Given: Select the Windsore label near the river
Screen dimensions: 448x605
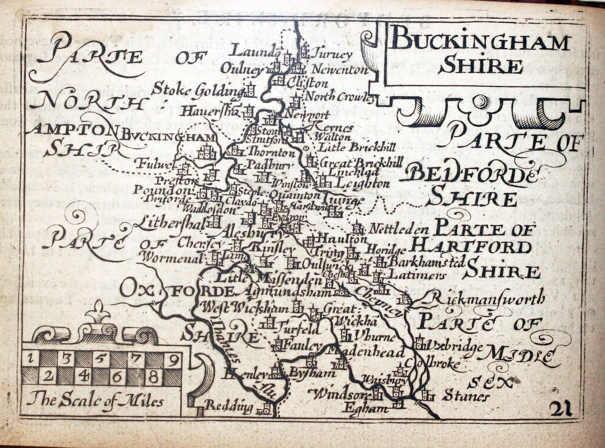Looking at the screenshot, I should click(x=340, y=395).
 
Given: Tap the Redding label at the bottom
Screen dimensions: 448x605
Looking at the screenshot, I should click(x=229, y=406).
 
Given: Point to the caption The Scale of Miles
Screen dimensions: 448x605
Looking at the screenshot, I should click(x=95, y=401).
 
